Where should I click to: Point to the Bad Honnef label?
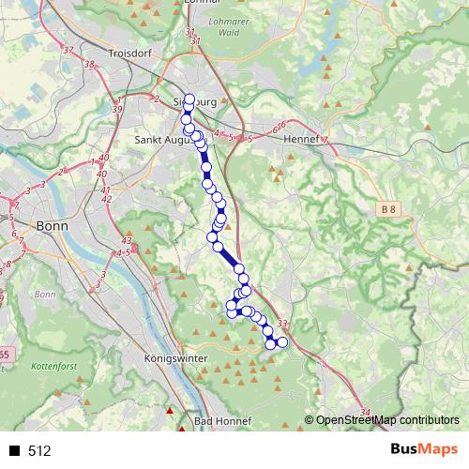221,422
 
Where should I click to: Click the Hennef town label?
304,135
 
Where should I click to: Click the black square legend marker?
15,451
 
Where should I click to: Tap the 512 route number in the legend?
39,451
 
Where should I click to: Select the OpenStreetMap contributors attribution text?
386,420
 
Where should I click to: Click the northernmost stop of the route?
189,99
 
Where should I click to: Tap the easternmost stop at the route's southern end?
282,342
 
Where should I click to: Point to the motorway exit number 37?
68,50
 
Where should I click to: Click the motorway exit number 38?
90,65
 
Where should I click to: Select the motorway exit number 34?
365,413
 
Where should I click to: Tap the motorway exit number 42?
106,199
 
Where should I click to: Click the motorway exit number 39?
116,110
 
